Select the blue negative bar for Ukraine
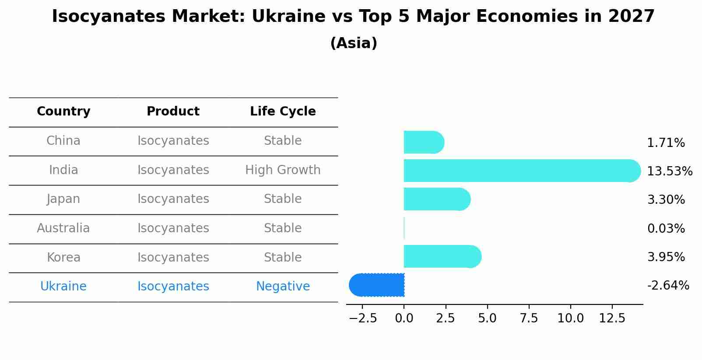(x=377, y=285)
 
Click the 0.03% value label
(x=666, y=228)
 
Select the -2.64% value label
(x=668, y=286)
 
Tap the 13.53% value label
(x=669, y=171)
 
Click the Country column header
(x=63, y=112)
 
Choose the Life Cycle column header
(x=283, y=112)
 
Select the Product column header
(x=173, y=112)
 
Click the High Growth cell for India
(x=283, y=170)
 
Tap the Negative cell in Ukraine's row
(x=283, y=287)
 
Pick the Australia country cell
(x=63, y=228)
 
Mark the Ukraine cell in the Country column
(x=63, y=287)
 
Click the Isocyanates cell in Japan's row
(x=173, y=199)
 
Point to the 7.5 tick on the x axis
(x=529, y=318)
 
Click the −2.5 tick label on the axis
(x=362, y=318)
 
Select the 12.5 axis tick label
(x=612, y=318)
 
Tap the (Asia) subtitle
(x=353, y=43)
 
